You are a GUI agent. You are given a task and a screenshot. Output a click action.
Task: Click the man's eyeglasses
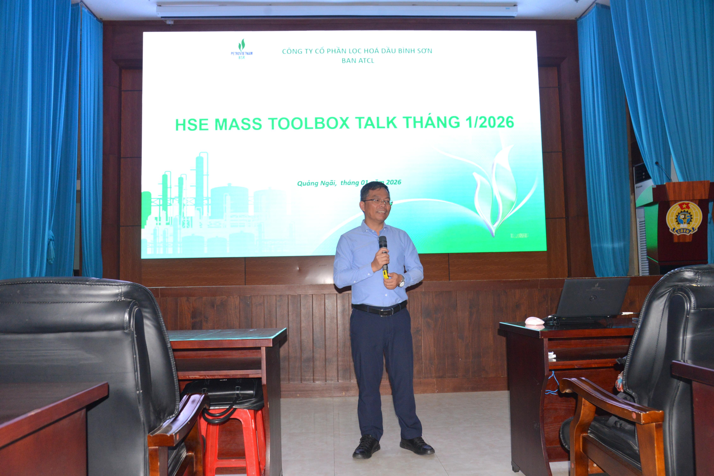pyautogui.click(x=377, y=202)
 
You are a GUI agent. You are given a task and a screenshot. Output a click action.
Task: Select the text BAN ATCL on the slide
pyautogui.click(x=358, y=60)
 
